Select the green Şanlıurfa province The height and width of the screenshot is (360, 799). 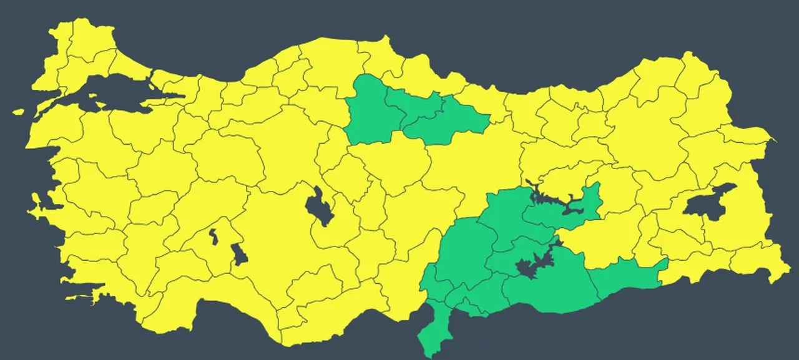[549, 287]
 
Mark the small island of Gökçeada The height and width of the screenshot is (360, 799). [18, 112]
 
